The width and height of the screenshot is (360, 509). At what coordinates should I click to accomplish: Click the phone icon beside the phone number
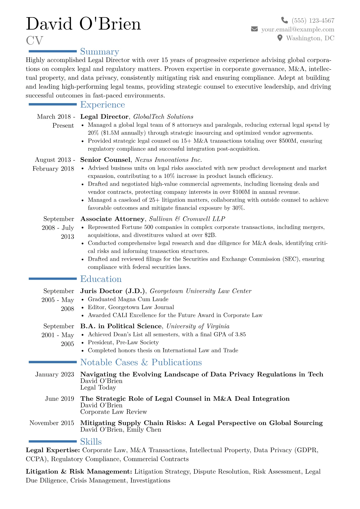[284, 20]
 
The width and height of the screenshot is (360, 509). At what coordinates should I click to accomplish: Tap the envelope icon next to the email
[254, 29]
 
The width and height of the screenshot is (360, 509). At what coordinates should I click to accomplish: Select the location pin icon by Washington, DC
[280, 38]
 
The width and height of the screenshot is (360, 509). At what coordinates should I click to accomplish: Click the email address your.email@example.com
[298, 29]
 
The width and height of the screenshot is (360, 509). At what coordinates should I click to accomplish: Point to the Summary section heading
[100, 52]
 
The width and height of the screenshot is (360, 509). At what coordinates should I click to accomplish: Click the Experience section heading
[103, 105]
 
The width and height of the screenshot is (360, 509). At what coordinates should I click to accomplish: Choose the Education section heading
[101, 279]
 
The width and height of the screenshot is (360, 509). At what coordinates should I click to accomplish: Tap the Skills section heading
[91, 442]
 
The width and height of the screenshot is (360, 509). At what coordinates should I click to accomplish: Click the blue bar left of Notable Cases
[53, 362]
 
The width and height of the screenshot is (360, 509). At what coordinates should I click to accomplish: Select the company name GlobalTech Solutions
[163, 117]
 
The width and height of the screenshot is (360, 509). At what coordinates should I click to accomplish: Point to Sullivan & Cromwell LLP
[187, 219]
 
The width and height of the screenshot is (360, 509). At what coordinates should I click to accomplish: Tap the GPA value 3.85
[240, 334]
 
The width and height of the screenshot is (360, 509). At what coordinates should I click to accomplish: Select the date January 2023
[55, 374]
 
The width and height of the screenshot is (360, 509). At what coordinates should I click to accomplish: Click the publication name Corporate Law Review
[113, 412]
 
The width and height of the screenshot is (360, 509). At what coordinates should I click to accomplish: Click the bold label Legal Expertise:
[53, 450]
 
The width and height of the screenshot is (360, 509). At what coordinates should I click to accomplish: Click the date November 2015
[52, 423]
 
